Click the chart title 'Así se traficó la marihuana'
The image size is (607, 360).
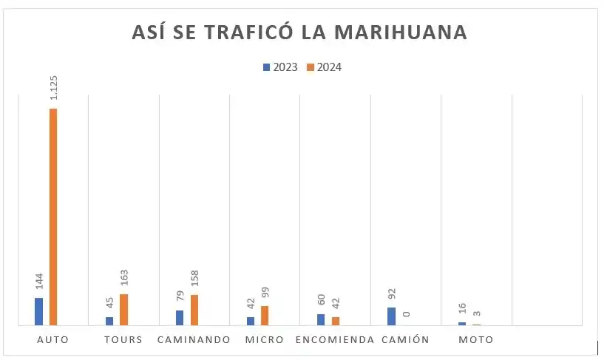[x=299, y=33]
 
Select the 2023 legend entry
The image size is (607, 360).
[x=280, y=67]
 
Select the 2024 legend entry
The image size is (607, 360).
[x=324, y=67]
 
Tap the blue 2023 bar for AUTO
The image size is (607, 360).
[x=38, y=311]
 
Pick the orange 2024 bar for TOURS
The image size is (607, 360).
[x=123, y=310]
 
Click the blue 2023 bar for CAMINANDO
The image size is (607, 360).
[x=180, y=317]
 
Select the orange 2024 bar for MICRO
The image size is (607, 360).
[x=265, y=316]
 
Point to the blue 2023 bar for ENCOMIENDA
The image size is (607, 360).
[x=321, y=319]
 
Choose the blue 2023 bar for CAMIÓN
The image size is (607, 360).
[x=391, y=316]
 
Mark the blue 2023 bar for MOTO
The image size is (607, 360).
[x=462, y=324]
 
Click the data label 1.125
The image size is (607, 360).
[x=54, y=86]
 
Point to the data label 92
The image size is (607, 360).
[x=392, y=293]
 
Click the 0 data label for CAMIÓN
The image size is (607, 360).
[x=406, y=314]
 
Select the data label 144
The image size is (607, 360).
[x=39, y=282]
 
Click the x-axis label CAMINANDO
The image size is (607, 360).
[x=194, y=340]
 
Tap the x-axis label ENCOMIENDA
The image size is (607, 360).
[x=335, y=340]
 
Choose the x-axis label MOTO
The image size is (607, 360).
[x=475, y=340]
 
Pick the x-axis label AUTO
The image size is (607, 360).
[x=52, y=340]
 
